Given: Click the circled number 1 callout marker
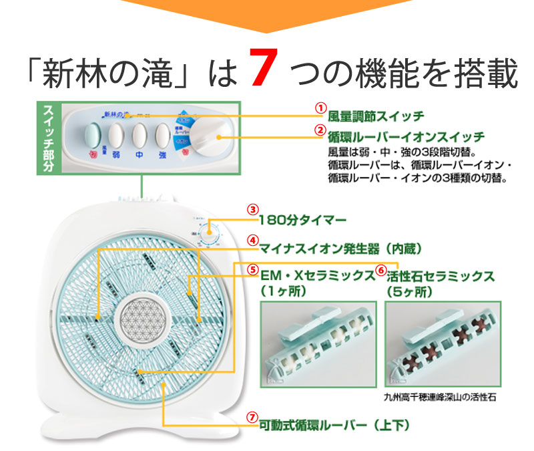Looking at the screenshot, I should (320, 108).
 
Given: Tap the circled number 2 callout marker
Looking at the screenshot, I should (320, 130).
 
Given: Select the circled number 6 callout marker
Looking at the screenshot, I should (380, 270).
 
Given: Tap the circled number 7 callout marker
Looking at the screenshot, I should (252, 417).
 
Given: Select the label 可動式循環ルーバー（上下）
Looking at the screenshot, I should (334, 424).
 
